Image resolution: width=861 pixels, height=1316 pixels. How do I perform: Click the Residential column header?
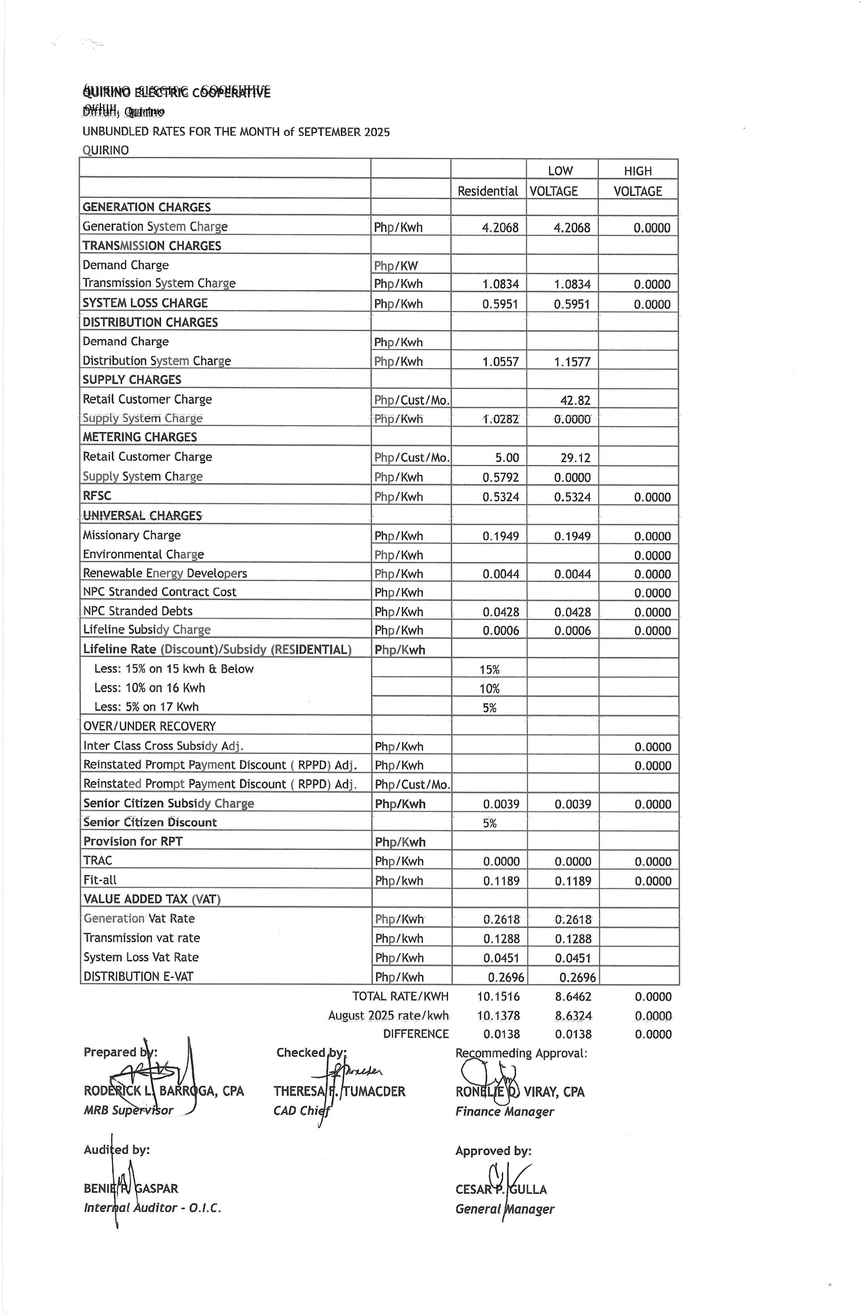(x=487, y=191)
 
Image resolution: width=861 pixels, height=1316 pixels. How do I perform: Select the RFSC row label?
(x=97, y=496)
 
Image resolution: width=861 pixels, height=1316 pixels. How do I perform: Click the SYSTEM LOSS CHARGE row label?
(x=145, y=303)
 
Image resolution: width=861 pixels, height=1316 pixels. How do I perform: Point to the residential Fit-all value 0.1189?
(x=501, y=881)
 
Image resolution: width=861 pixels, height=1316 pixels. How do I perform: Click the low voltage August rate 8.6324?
(x=573, y=1016)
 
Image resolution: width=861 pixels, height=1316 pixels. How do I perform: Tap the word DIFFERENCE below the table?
(x=415, y=1034)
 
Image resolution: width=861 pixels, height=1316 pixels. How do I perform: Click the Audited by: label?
(x=117, y=1150)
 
